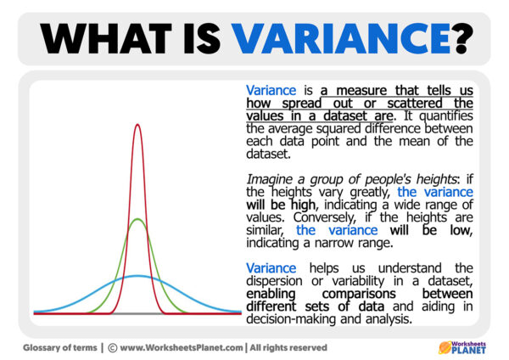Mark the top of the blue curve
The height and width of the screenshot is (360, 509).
coord(136,275)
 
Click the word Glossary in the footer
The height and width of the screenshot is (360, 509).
coord(41,347)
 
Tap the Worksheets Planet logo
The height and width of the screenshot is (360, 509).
coord(466,346)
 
